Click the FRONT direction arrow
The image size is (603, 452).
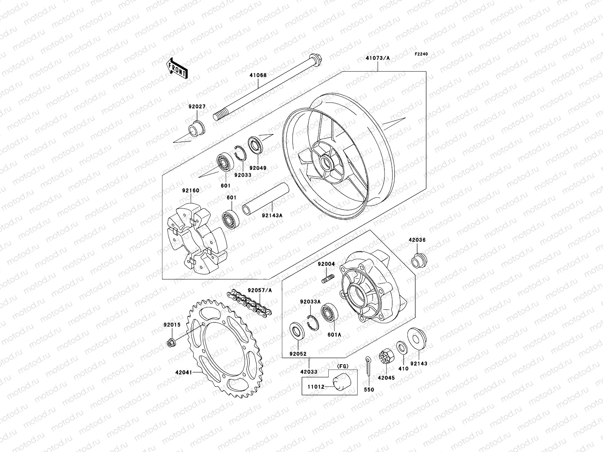coord(182,68)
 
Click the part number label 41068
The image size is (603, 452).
coord(258,75)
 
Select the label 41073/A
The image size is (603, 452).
coord(378,58)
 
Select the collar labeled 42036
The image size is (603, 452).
coord(418,260)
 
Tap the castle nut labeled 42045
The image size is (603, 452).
coord(387,356)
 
